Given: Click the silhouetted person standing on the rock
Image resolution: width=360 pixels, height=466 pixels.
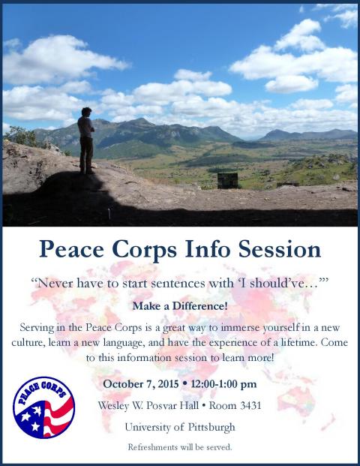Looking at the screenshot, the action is [85, 141].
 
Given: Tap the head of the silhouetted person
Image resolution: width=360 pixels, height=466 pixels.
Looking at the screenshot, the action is [86, 112].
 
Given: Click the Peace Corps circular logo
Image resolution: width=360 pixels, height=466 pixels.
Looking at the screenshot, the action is [43, 407].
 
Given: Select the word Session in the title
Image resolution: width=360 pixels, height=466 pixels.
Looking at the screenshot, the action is [280, 249].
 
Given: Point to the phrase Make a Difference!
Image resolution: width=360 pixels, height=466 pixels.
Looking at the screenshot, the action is [180, 306].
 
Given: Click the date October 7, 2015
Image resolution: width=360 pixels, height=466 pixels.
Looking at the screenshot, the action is [141, 384].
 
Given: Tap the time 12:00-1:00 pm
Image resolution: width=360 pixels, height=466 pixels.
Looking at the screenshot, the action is [223, 384].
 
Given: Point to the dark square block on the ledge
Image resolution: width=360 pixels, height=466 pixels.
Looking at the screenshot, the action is [227, 181].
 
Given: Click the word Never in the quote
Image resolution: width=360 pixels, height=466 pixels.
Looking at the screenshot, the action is [55, 283].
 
